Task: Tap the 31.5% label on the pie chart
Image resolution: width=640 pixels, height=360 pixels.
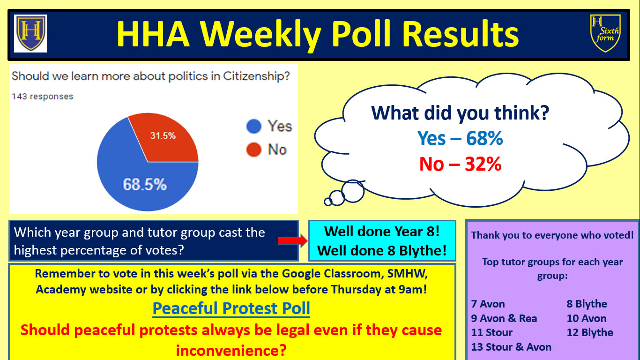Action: click(163, 135)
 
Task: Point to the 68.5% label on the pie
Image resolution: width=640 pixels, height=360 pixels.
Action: click(145, 184)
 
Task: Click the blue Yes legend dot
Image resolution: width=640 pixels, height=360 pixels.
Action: click(254, 126)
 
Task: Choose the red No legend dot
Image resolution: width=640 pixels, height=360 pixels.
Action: click(254, 149)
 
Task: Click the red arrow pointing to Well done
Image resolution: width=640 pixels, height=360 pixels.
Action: click(292, 241)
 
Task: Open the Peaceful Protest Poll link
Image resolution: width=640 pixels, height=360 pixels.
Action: click(231, 308)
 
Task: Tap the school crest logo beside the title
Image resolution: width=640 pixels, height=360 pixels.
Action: click(30, 33)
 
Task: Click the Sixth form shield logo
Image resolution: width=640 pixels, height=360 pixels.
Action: click(605, 33)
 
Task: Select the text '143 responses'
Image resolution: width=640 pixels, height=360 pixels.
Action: click(42, 97)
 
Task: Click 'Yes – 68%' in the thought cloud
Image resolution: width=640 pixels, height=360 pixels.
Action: click(460, 138)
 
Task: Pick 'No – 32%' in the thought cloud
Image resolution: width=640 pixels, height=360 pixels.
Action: click(460, 164)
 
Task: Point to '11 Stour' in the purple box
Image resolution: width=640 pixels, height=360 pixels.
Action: click(491, 332)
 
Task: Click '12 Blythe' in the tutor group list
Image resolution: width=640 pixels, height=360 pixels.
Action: click(590, 332)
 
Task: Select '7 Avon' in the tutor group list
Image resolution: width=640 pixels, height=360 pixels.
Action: click(488, 304)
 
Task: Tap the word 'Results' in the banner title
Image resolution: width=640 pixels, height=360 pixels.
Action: click(461, 34)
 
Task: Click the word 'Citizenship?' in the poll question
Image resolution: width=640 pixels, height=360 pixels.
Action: click(256, 76)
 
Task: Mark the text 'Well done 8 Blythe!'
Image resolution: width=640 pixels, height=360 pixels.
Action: click(382, 251)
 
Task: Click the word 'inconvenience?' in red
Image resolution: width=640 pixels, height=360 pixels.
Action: click(231, 350)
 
